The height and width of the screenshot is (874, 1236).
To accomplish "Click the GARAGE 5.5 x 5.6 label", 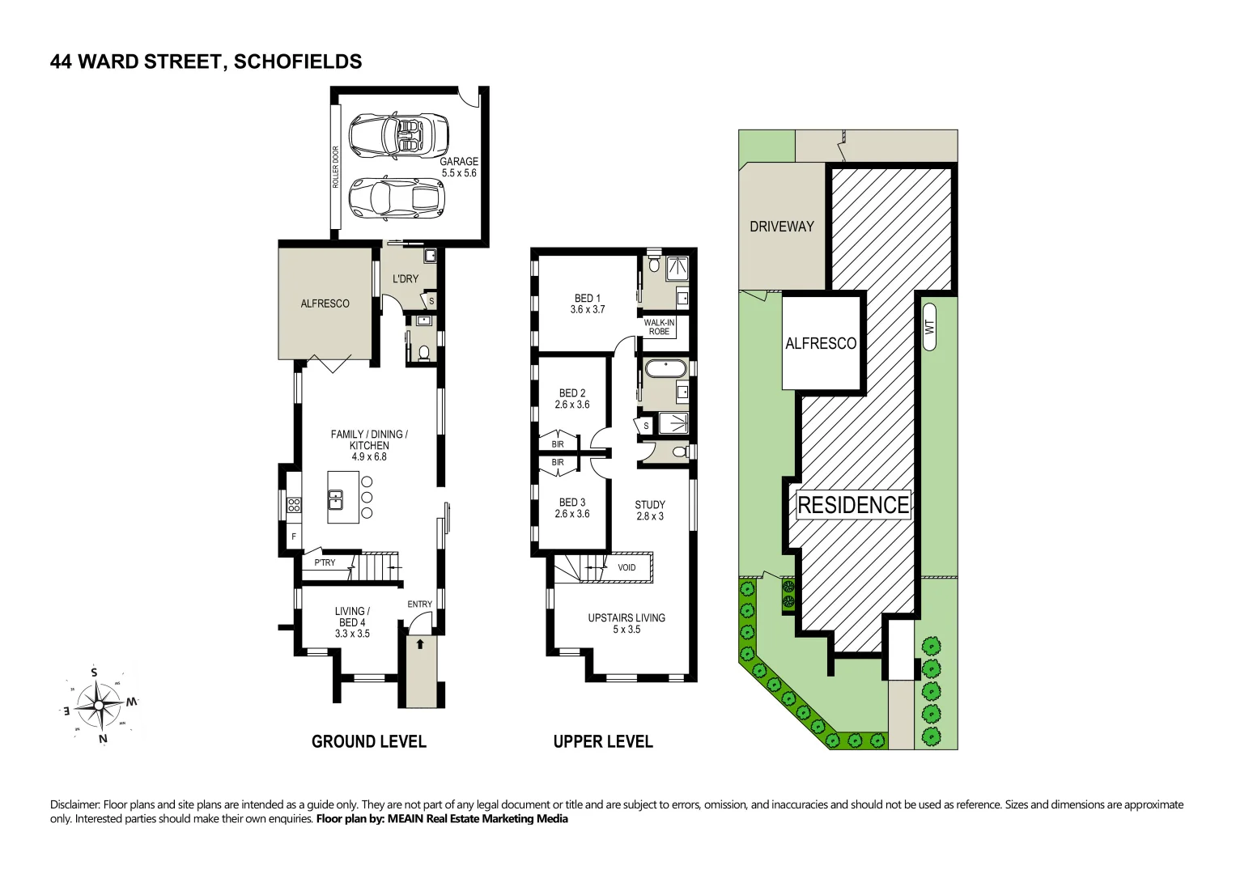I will pyautogui.click(x=459, y=168).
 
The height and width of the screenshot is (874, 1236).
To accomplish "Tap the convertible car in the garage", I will pyautogui.click(x=398, y=135).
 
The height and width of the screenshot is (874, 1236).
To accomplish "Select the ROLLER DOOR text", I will pyautogui.click(x=336, y=168).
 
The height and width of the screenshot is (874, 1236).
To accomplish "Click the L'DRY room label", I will pyautogui.click(x=406, y=279).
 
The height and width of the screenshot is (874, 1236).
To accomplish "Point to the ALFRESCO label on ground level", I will pyautogui.click(x=325, y=303).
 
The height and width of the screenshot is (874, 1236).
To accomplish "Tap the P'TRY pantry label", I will pyautogui.click(x=325, y=562).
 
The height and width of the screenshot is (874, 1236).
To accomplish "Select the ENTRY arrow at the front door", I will pyautogui.click(x=420, y=645).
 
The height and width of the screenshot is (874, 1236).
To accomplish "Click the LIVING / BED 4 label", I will pyautogui.click(x=352, y=622).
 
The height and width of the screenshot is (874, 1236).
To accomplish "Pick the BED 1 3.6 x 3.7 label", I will pyautogui.click(x=588, y=303).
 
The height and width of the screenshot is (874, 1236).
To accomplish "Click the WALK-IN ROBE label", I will pyautogui.click(x=659, y=327).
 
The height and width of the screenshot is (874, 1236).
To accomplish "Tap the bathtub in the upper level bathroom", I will pyautogui.click(x=665, y=369).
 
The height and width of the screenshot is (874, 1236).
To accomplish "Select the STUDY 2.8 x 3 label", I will pyautogui.click(x=650, y=510).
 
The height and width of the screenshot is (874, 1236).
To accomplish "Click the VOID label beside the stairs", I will pyautogui.click(x=626, y=567).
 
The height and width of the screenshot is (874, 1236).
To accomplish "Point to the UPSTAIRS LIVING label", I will pyautogui.click(x=626, y=623).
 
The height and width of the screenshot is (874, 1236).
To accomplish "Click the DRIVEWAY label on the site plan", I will pyautogui.click(x=781, y=227).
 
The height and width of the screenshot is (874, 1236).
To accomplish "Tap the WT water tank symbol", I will pyautogui.click(x=929, y=327).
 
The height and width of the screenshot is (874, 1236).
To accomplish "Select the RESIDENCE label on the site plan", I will pyautogui.click(x=853, y=505).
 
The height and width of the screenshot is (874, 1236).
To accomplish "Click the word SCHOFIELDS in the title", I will pyautogui.click(x=298, y=62).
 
